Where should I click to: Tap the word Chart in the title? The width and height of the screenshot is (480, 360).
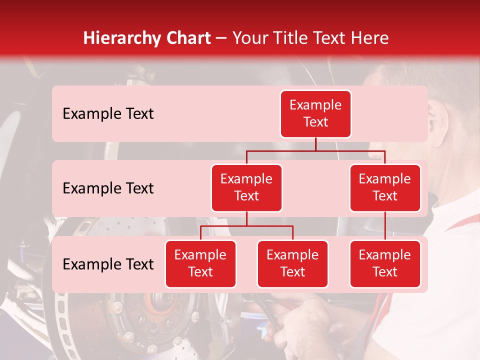point(186,38)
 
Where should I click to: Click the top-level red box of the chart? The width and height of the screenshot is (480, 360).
point(315,114)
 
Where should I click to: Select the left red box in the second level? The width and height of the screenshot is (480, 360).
point(246,188)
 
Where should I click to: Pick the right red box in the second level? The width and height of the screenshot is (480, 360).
point(385,188)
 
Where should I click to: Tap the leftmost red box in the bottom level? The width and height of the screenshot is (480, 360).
point(200,264)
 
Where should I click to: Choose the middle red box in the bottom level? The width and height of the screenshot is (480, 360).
point(292,264)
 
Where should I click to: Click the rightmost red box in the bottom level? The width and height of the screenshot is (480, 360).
point(385,264)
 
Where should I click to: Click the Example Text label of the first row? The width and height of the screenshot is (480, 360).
point(108,114)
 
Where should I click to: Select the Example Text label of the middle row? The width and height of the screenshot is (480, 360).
point(108,188)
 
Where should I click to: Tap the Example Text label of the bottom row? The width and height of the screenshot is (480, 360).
point(108,264)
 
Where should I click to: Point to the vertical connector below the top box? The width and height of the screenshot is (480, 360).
point(315,144)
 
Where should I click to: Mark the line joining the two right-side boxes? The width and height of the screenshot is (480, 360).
point(385,226)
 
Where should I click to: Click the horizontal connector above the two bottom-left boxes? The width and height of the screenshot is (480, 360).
point(246,226)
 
